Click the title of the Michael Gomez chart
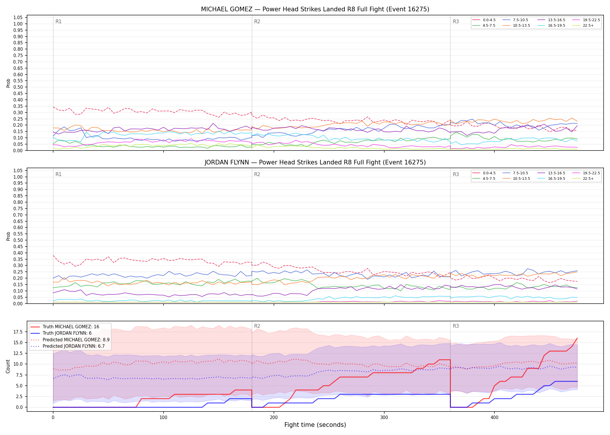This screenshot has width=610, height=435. point(315,9)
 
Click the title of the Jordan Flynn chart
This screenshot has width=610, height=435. point(315,162)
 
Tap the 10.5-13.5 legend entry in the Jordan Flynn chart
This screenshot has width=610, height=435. point(516,179)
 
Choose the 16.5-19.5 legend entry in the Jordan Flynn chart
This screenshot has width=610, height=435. point(551,179)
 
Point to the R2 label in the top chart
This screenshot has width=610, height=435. point(257,21)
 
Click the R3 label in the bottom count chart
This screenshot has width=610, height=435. point(456,326)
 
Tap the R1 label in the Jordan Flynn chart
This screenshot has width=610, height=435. point(58,174)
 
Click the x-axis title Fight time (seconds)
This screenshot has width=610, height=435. point(315,425)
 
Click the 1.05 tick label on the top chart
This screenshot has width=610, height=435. point(18,18)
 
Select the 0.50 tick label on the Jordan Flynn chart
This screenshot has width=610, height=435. point(18,240)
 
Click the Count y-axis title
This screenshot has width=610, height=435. point(8,366)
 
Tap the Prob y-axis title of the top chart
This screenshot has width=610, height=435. point(8,83)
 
